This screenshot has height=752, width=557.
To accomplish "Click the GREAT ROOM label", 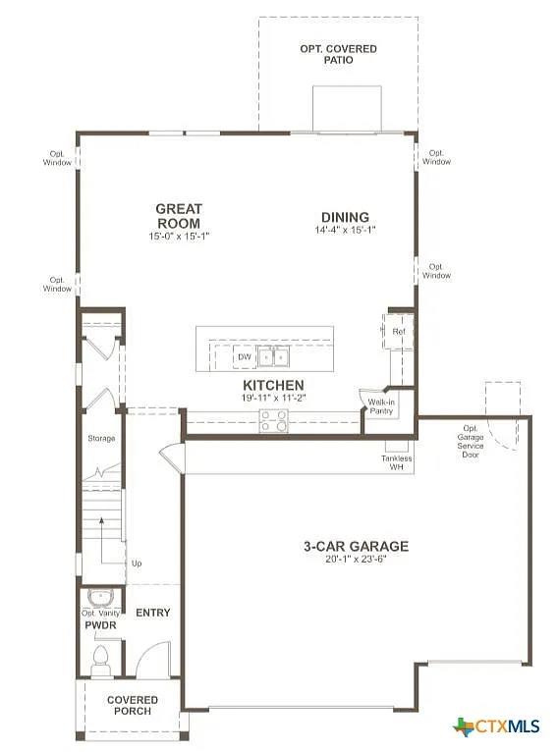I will point(179,216).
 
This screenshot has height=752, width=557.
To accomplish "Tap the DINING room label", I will point(345,217).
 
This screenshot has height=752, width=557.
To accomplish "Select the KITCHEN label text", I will point(273,385).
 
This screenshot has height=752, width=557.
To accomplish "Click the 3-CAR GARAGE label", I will point(357,547).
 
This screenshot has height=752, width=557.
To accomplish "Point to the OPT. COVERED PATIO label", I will point(338,54).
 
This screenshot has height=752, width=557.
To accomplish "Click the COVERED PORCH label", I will point(133,705).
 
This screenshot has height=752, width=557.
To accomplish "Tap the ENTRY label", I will point(152,613).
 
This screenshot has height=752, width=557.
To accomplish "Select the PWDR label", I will point(101,624).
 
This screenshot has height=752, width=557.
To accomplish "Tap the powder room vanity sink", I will point(100,597).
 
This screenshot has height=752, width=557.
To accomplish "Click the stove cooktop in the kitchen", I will point(273,421).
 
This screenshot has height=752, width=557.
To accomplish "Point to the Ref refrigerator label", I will point(399,332).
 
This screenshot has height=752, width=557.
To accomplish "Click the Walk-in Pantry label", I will point(382,407).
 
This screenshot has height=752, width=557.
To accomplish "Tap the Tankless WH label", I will point(397,462).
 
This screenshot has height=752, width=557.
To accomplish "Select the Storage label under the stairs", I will point(101,438).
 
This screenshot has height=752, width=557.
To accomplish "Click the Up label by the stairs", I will point(136,564).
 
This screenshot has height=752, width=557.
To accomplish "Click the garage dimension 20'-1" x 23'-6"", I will point(357,561).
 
